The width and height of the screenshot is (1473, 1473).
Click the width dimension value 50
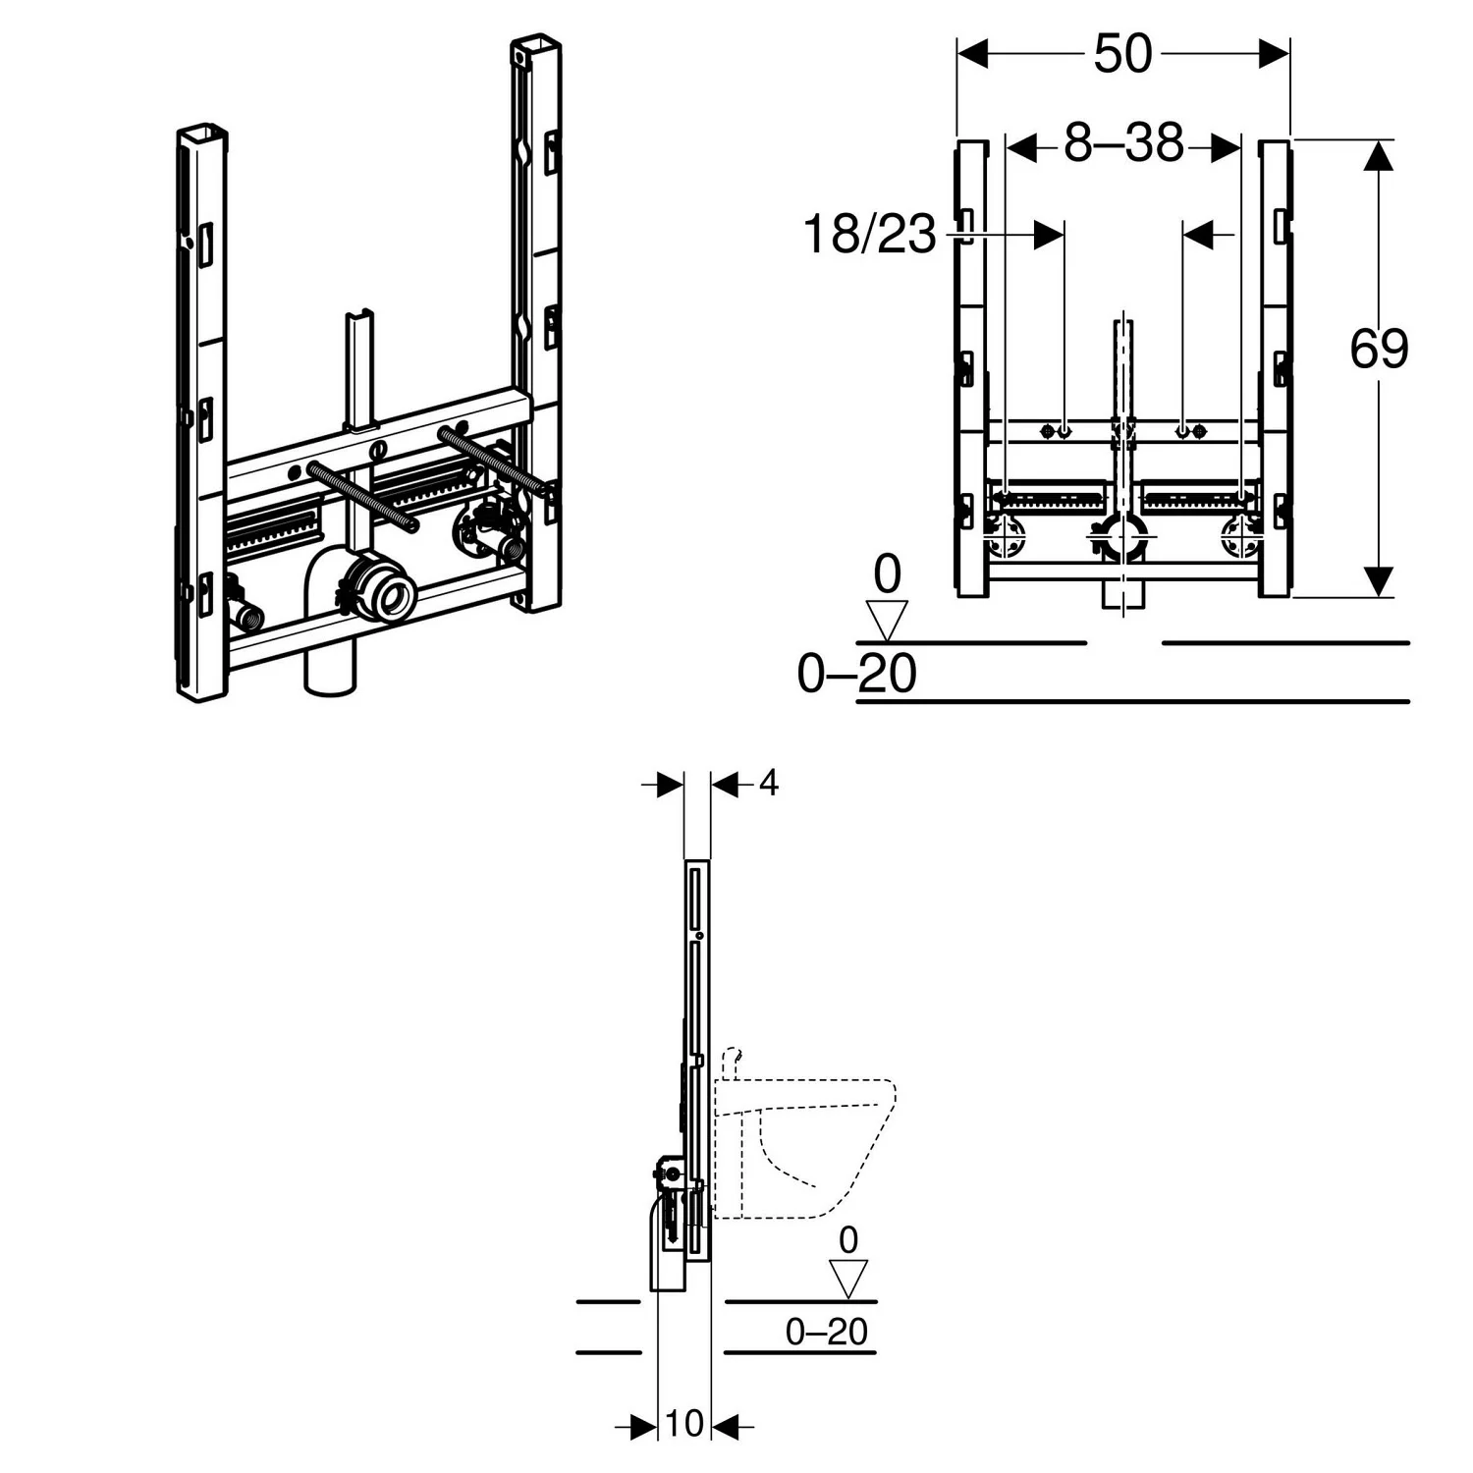pyautogui.click(x=1122, y=53)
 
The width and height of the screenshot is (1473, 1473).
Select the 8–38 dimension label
pyautogui.click(x=1124, y=144)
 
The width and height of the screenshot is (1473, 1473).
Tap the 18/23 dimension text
pyautogui.click(x=869, y=236)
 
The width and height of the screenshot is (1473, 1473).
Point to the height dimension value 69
pyautogui.click(x=1379, y=349)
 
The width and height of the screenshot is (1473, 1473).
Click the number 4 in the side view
pyautogui.click(x=768, y=783)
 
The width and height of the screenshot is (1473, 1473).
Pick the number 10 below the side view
pyautogui.click(x=684, y=1423)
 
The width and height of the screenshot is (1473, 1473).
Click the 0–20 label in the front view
pyautogui.click(x=856, y=675)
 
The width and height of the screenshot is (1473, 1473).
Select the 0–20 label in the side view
pyautogui.click(x=826, y=1332)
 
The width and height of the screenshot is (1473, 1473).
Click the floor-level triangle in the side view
pyautogui.click(x=848, y=1279)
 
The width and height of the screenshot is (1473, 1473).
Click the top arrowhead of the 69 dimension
pyautogui.click(x=1379, y=157)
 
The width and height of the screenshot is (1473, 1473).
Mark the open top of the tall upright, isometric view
pyautogui.click(x=535, y=45)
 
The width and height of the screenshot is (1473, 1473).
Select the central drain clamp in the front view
pyautogui.click(x=1121, y=537)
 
